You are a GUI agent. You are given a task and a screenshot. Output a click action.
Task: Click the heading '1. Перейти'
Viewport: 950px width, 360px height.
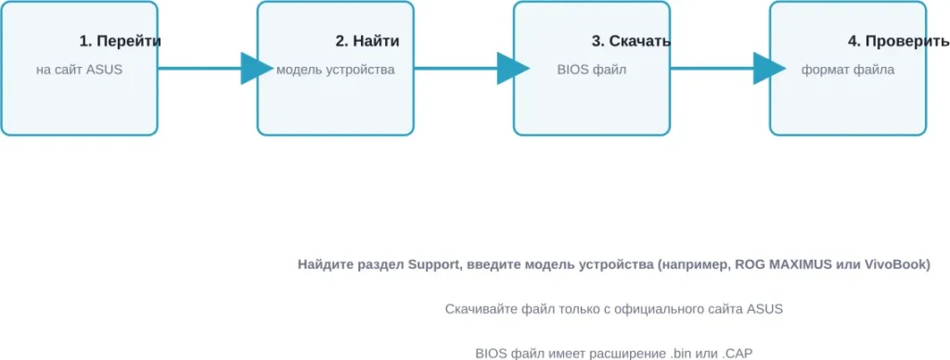[121, 42]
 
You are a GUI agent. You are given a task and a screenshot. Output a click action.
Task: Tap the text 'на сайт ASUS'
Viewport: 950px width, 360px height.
[79, 70]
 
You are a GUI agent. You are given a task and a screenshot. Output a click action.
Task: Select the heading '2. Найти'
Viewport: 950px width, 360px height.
[367, 42]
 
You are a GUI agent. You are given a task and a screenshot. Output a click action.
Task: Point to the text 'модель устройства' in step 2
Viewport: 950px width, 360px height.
[335, 70]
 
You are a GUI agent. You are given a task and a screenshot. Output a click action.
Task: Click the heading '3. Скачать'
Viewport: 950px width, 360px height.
[632, 42]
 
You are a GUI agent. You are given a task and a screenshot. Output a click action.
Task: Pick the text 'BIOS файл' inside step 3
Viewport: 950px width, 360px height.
[592, 70]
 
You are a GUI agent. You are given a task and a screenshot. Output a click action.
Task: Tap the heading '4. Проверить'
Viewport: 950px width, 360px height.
[898, 42]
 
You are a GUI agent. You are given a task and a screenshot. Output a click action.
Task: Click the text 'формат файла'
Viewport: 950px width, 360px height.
[848, 70]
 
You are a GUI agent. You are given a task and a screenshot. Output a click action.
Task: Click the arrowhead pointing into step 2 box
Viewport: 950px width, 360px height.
[253, 69]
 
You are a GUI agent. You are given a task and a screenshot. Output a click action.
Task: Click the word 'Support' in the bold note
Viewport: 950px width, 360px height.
[433, 265]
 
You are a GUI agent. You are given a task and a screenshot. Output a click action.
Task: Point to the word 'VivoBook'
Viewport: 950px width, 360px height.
[896, 265]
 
